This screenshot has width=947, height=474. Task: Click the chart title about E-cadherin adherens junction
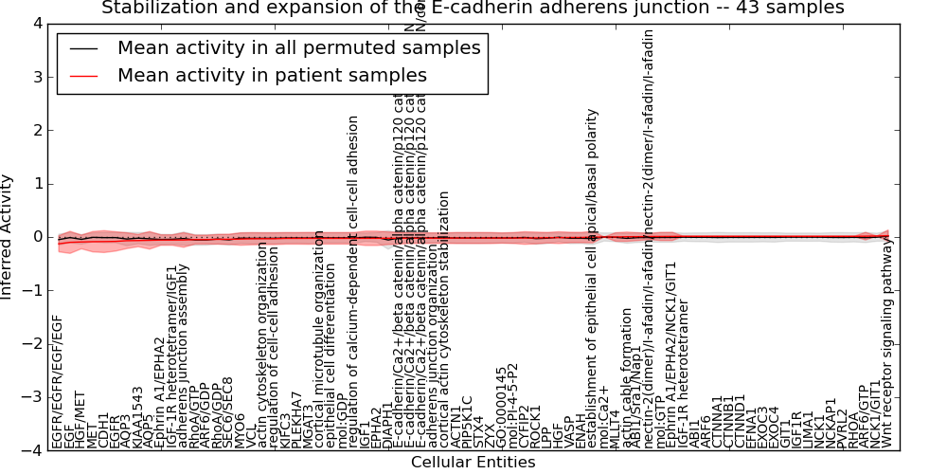473,9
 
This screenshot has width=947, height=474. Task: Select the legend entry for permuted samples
298,47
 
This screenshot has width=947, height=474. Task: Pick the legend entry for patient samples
272,75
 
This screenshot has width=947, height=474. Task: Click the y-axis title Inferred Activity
8,237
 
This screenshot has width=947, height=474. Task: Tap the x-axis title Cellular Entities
473,463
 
